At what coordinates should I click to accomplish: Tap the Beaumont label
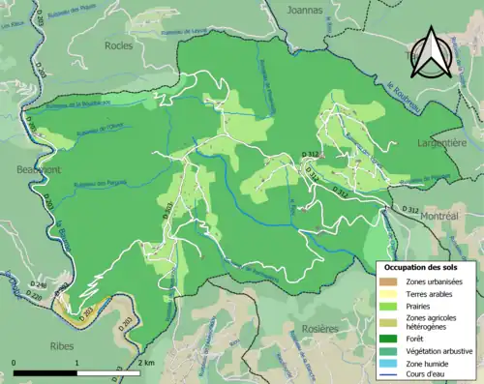(x=39, y=169)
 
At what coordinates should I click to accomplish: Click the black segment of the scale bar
(x=45, y=370)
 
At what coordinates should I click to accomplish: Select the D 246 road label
(x=38, y=285)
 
